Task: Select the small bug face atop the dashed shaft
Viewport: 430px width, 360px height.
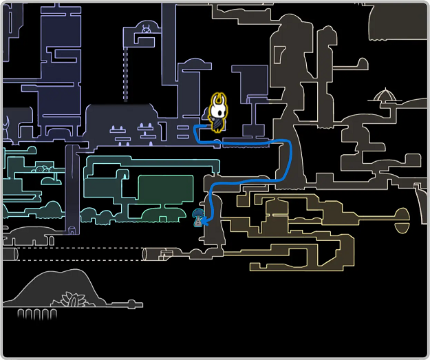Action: pyautogui.click(x=147, y=28)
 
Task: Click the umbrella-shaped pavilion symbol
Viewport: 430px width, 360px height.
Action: pyautogui.click(x=386, y=94)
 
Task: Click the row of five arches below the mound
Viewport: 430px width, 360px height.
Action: pyautogui.click(x=38, y=314)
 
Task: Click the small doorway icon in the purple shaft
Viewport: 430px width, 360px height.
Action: pyautogui.click(x=73, y=229)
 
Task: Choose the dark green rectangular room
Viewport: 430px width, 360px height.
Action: pyautogui.click(x=165, y=189)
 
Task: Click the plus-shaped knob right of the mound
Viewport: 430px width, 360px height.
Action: pyautogui.click(x=130, y=304)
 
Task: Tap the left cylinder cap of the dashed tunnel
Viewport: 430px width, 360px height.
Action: pyautogui.click(x=9, y=254)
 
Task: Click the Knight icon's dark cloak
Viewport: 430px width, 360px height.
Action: pyautogui.click(x=218, y=123)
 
